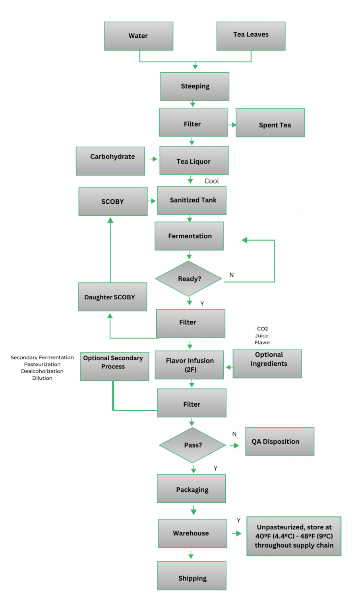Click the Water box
coord(138,36)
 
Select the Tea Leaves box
coord(251,36)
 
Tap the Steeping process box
coord(195,86)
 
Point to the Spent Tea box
coord(270,123)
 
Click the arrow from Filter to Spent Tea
coord(232,125)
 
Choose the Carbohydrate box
coord(110,161)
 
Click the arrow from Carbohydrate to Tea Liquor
coord(153,159)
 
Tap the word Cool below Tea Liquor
coord(211,181)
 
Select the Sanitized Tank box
coord(192,201)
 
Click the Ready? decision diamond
coord(189,279)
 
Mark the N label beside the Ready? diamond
coord(232,275)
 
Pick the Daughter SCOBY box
coord(112,297)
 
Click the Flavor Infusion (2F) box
coord(189,365)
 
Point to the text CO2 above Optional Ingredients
coord(262,329)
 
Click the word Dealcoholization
coord(42,371)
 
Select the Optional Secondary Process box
coord(114,366)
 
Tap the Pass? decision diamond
coord(193,445)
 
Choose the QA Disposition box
coord(280,442)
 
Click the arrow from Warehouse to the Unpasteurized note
coord(237,533)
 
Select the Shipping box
coord(192,576)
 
